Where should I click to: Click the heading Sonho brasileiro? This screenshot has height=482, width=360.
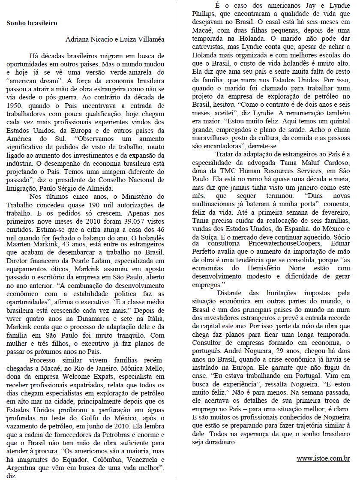(x=32, y=23)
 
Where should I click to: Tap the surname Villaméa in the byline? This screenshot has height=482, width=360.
(x=150, y=39)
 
